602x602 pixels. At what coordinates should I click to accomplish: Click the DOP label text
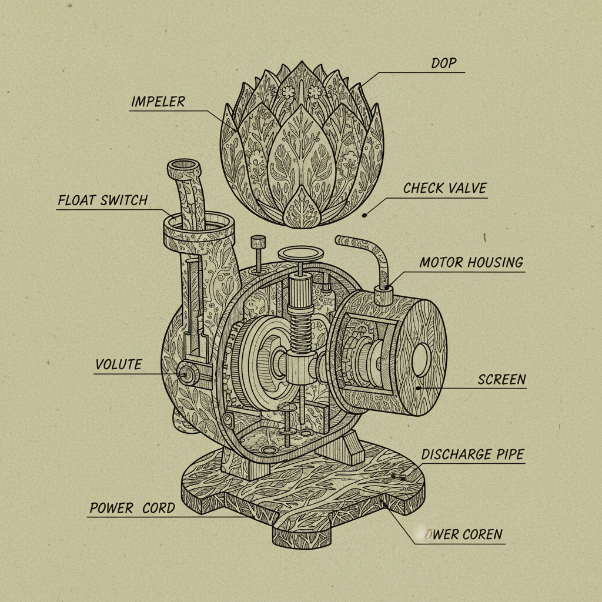coord(444,63)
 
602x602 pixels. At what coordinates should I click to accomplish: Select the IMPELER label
coord(158,101)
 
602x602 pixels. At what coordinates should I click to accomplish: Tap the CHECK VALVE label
coord(444,188)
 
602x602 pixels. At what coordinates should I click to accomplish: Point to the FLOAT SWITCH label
coord(102,200)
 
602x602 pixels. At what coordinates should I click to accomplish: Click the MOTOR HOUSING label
coord(471,262)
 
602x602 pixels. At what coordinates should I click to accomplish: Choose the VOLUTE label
coord(118,364)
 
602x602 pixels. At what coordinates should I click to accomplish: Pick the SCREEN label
coord(501,379)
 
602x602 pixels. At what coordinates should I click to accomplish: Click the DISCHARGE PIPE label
coord(472,454)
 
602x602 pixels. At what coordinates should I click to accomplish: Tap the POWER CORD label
coord(132,507)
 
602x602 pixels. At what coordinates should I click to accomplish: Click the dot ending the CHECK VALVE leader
coord(364,215)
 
